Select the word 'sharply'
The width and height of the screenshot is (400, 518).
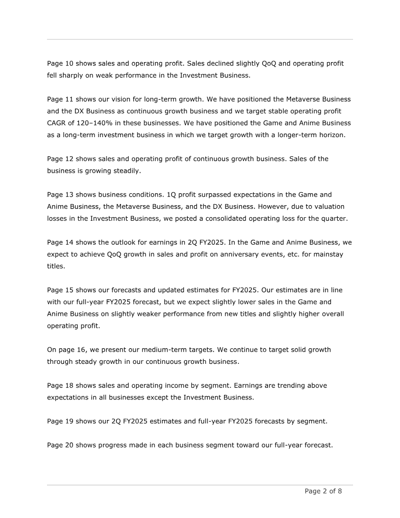(72, 76)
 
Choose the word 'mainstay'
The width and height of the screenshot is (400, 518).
(328, 254)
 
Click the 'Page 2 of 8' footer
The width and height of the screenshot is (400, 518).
(323, 491)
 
